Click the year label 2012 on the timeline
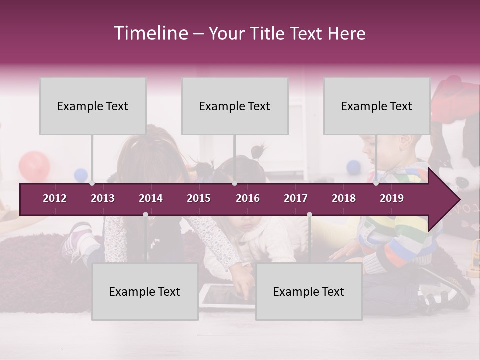(x=55, y=198)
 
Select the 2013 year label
(x=103, y=198)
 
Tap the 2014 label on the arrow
(x=151, y=198)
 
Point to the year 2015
(x=199, y=198)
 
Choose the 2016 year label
(x=248, y=198)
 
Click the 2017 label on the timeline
(x=296, y=198)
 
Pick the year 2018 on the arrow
(x=344, y=198)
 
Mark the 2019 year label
(x=392, y=198)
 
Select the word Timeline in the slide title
(x=150, y=33)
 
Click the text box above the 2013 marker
(x=93, y=106)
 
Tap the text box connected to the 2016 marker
(x=235, y=106)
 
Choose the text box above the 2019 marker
(x=377, y=106)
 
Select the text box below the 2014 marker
(x=145, y=291)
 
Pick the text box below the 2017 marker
(x=309, y=291)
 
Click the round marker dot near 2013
(x=92, y=183)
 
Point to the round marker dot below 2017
(x=309, y=214)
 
